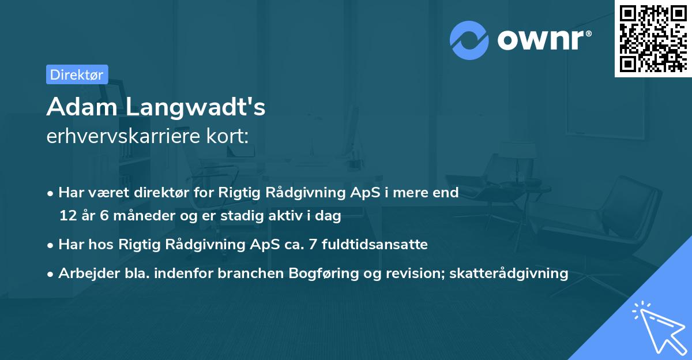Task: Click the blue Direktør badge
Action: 77,74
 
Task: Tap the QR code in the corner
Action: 653,39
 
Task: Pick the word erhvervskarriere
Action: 131,136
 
